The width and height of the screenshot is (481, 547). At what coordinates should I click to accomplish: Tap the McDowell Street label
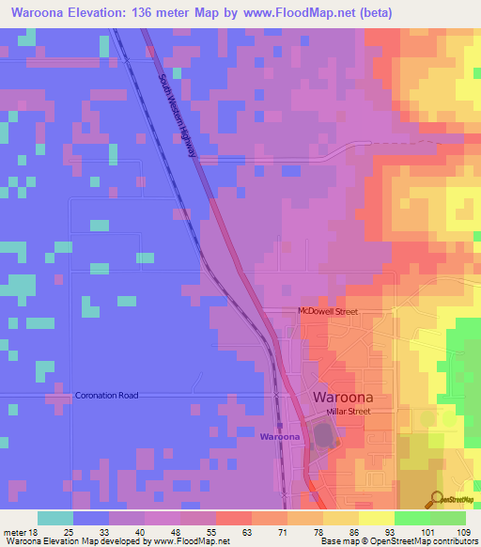click(x=327, y=311)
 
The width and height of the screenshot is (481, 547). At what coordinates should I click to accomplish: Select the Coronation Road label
click(x=106, y=396)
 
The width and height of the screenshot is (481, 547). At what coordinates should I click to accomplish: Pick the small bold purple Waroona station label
click(x=280, y=437)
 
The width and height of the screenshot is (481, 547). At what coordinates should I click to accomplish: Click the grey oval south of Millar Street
click(x=324, y=435)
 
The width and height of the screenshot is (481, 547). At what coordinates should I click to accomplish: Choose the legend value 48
click(x=173, y=531)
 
